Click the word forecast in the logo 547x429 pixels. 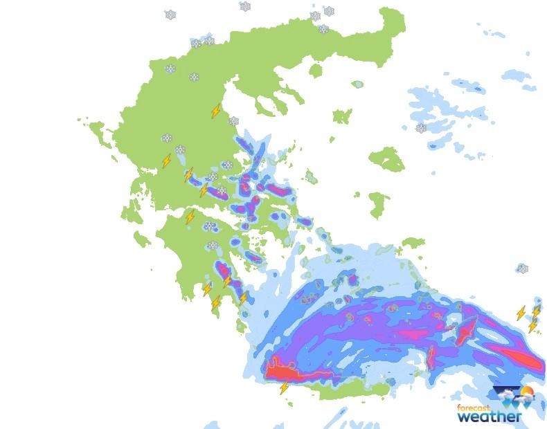(x=474, y=407)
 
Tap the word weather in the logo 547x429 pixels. (x=489, y=417)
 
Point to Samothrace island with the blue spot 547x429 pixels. (x=357, y=84)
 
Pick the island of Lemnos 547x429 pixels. (x=342, y=116)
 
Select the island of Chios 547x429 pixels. (x=378, y=204)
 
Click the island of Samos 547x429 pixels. (x=413, y=243)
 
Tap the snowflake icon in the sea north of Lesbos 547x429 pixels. (x=421, y=128)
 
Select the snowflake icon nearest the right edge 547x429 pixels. (x=523, y=268)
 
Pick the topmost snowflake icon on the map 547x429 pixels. (x=245, y=6)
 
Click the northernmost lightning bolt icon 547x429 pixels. (x=217, y=111)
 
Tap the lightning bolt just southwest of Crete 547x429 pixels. (x=284, y=387)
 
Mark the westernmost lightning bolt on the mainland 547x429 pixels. (x=166, y=161)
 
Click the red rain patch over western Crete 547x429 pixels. (x=284, y=372)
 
